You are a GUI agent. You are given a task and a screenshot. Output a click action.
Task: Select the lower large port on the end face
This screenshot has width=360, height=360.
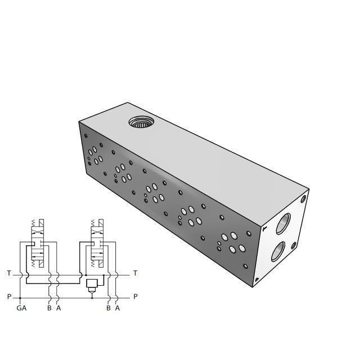[x=278, y=250]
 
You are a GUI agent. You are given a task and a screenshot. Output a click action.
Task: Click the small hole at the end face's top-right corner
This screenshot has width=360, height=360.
[x=304, y=199]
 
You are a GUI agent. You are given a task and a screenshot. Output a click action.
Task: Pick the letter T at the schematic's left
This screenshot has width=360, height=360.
[x=9, y=273]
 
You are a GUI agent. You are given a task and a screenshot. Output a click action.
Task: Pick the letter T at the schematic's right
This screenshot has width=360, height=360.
[x=135, y=273]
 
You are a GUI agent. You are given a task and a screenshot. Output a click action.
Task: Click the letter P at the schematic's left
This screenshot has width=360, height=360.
[x=9, y=296]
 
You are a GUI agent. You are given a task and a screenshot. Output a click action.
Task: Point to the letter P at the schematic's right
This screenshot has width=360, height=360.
[x=135, y=296]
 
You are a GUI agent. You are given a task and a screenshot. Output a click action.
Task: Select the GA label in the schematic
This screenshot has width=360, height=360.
[x=21, y=308]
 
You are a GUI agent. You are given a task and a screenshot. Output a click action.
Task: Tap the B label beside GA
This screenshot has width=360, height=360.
[x=49, y=308]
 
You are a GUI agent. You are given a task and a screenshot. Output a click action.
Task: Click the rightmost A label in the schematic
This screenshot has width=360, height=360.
[x=117, y=308]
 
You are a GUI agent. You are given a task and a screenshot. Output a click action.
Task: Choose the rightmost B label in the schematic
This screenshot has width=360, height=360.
[x=108, y=308]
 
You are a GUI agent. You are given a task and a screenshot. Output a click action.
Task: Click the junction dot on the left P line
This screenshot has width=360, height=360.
[x=20, y=296]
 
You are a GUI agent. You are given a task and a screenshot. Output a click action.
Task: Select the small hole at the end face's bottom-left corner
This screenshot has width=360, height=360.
[x=257, y=279]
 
